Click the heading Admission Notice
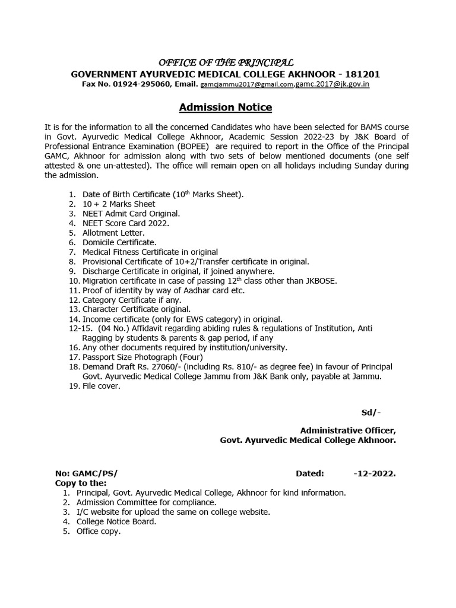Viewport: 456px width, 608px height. pos(226,107)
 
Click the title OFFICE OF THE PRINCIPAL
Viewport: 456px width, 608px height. pos(225,63)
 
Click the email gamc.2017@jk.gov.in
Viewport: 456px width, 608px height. pos(332,85)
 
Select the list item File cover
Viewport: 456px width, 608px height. pos(98,387)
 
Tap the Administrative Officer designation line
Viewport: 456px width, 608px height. pos(347,431)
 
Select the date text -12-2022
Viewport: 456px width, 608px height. pos(374,474)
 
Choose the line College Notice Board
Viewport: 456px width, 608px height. pos(116,522)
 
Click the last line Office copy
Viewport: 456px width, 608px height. pos(98,531)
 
